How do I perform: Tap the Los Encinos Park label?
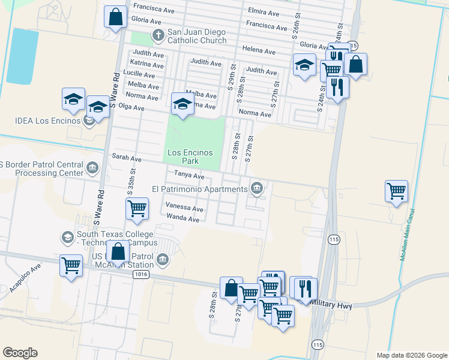[190, 157]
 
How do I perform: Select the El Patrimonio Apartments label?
[199, 189]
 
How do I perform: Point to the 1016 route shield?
[140, 274]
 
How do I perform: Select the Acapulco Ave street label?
[26, 278]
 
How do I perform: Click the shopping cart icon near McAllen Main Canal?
[397, 191]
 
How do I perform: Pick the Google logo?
[20, 353]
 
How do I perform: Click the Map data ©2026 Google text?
[412, 355]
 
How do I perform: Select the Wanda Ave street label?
[182, 218]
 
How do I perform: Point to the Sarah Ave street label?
[127, 158]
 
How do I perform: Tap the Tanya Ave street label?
[189, 176]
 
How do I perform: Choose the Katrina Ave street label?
[147, 64]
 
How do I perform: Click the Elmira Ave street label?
[264, 13]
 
